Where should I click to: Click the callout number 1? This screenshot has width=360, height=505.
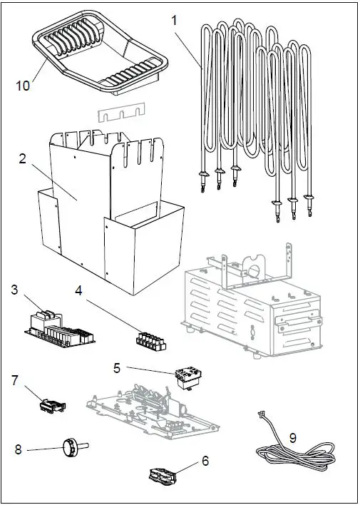[x=175, y=21]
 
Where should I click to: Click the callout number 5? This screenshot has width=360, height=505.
[x=117, y=368]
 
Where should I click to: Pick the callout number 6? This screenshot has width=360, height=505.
[x=205, y=461]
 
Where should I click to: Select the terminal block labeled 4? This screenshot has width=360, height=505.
[x=150, y=340]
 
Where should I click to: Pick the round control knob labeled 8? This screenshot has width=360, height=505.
[x=71, y=446]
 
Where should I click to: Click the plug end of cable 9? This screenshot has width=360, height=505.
[x=262, y=419]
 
